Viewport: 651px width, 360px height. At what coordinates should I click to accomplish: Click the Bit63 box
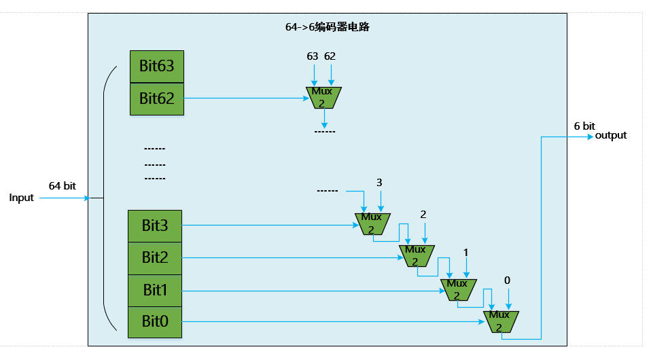coord(157,66)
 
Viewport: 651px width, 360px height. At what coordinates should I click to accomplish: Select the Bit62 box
coord(157,98)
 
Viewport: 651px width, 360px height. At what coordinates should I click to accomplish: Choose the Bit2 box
coord(155,258)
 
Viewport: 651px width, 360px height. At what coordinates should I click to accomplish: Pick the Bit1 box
coord(155,290)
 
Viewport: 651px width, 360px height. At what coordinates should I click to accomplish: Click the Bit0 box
coord(155,322)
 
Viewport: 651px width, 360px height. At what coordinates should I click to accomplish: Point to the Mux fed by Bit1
coord(457,289)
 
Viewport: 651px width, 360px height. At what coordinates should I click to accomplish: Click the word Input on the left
coord(21,198)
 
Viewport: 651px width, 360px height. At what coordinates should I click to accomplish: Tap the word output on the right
coord(611,136)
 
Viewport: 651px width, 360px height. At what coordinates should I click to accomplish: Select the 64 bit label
coord(62,185)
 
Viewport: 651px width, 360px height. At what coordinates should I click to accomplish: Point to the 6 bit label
coord(584,126)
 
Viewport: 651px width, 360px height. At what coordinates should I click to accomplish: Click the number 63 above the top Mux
coord(313,56)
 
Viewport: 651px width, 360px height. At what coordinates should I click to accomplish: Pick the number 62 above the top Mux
coord(330,56)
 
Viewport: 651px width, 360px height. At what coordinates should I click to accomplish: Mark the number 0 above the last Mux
coord(507,280)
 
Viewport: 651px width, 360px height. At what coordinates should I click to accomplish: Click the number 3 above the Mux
coord(379,183)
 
